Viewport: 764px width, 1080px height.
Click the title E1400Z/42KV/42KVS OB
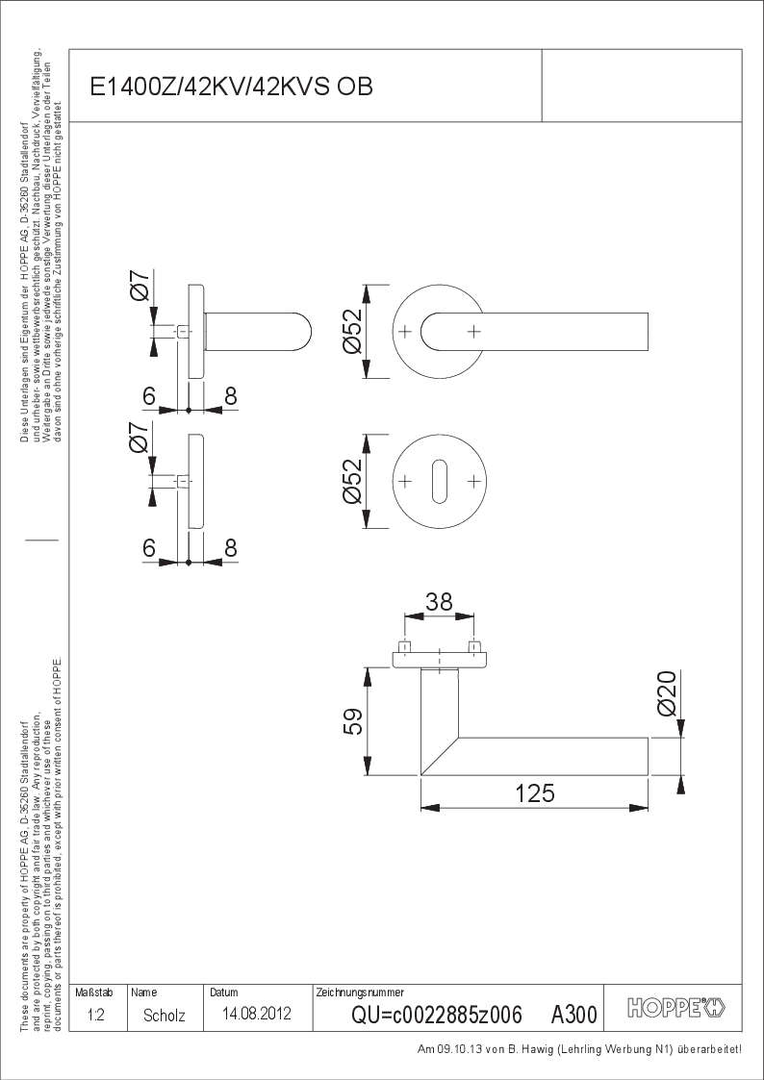tap(232, 87)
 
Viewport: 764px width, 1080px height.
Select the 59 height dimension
tap(353, 721)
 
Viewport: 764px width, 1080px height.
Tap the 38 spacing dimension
tap(439, 602)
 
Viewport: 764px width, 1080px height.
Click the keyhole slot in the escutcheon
tap(440, 481)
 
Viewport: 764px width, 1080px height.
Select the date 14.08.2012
tap(256, 1014)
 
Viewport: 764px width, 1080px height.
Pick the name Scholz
tap(164, 1016)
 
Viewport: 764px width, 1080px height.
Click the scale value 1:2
tap(97, 1015)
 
